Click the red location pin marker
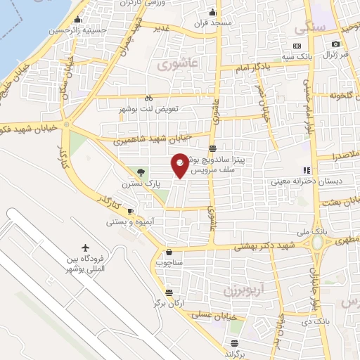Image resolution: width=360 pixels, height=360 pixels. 181,165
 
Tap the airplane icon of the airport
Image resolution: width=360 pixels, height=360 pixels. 86,248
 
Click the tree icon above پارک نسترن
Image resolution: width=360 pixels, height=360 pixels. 141,172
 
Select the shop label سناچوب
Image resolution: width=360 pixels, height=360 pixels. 168,263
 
